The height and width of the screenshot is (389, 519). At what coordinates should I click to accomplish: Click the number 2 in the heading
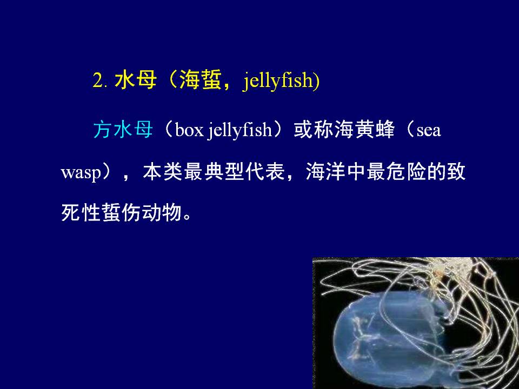[x=98, y=81]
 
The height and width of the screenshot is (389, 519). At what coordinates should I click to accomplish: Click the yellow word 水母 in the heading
[x=135, y=80]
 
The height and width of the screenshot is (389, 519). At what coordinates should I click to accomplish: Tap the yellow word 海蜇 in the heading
[x=200, y=80]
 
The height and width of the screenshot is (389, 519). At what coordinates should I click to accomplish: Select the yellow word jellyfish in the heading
[x=279, y=81]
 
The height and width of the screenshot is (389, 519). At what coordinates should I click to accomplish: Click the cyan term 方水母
[x=123, y=129]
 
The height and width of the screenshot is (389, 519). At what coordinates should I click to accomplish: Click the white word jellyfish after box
[x=240, y=131]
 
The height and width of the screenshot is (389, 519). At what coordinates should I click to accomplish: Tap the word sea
[x=429, y=130]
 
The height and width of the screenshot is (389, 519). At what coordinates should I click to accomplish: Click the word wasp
[x=81, y=173]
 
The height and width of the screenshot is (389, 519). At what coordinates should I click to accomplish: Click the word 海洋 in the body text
[x=326, y=171]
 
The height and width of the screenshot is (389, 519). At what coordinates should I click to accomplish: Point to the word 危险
[x=407, y=171]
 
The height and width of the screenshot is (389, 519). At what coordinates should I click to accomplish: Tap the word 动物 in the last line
[x=162, y=212]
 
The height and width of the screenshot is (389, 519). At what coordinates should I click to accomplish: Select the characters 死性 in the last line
[x=82, y=212]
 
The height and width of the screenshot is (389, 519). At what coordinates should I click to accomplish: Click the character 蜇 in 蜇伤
[x=111, y=212]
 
